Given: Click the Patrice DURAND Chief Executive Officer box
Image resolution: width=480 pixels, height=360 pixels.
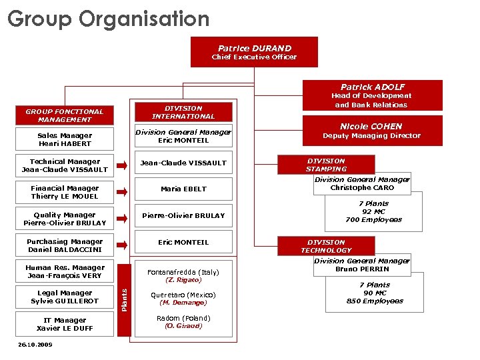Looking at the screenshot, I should click(x=254, y=52).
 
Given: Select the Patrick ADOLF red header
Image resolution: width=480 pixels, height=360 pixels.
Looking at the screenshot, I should click(x=372, y=87).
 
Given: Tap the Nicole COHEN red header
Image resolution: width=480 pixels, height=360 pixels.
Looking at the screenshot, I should click(x=371, y=126).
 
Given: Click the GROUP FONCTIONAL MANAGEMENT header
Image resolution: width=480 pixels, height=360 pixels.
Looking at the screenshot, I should click(x=65, y=115).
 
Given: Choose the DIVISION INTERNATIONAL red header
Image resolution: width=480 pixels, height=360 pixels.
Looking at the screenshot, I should click(x=183, y=111).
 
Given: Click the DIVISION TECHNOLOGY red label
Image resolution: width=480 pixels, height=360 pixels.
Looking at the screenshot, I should click(x=326, y=246).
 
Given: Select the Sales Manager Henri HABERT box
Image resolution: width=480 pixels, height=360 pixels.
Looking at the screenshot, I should click(x=65, y=139).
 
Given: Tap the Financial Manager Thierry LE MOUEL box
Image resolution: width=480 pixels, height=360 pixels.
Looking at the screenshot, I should click(x=65, y=192).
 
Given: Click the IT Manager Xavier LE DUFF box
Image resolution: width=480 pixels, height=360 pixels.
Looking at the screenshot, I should click(x=65, y=324).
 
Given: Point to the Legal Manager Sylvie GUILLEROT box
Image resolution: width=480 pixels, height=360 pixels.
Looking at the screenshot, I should click(x=65, y=297).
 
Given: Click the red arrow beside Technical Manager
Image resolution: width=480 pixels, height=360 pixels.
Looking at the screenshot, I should click(x=122, y=165).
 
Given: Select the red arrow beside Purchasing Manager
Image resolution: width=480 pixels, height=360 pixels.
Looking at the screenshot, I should click(x=122, y=245).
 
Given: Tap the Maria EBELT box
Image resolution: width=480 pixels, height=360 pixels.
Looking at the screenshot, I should click(x=183, y=189).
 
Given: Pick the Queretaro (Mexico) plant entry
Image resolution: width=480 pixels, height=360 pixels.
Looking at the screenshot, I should click(x=183, y=295).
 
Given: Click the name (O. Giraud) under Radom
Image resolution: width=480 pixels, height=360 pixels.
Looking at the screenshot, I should click(x=183, y=326).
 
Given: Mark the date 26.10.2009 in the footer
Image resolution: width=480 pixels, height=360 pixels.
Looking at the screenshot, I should click(x=35, y=345).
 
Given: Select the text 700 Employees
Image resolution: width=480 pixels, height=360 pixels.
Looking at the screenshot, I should click(x=373, y=220).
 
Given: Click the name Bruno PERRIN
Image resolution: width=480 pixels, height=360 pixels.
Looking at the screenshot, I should click(x=361, y=269).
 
